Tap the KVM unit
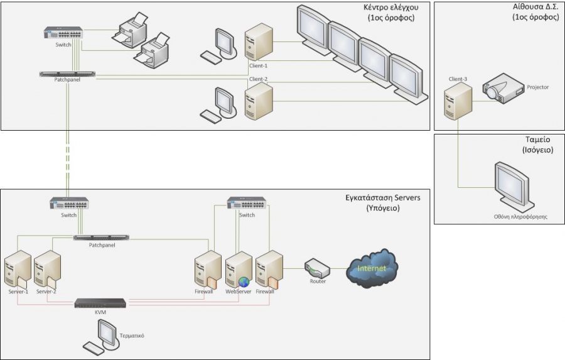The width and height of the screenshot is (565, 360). pos(100,303)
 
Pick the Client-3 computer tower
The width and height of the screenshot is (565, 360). pos(458,101)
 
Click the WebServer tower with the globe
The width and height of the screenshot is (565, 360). pos(239,270)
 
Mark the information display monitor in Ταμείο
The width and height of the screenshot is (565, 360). pos(514,185)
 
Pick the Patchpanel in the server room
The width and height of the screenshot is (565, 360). pos(100,237)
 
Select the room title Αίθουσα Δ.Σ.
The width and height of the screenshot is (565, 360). pos(535,8)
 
